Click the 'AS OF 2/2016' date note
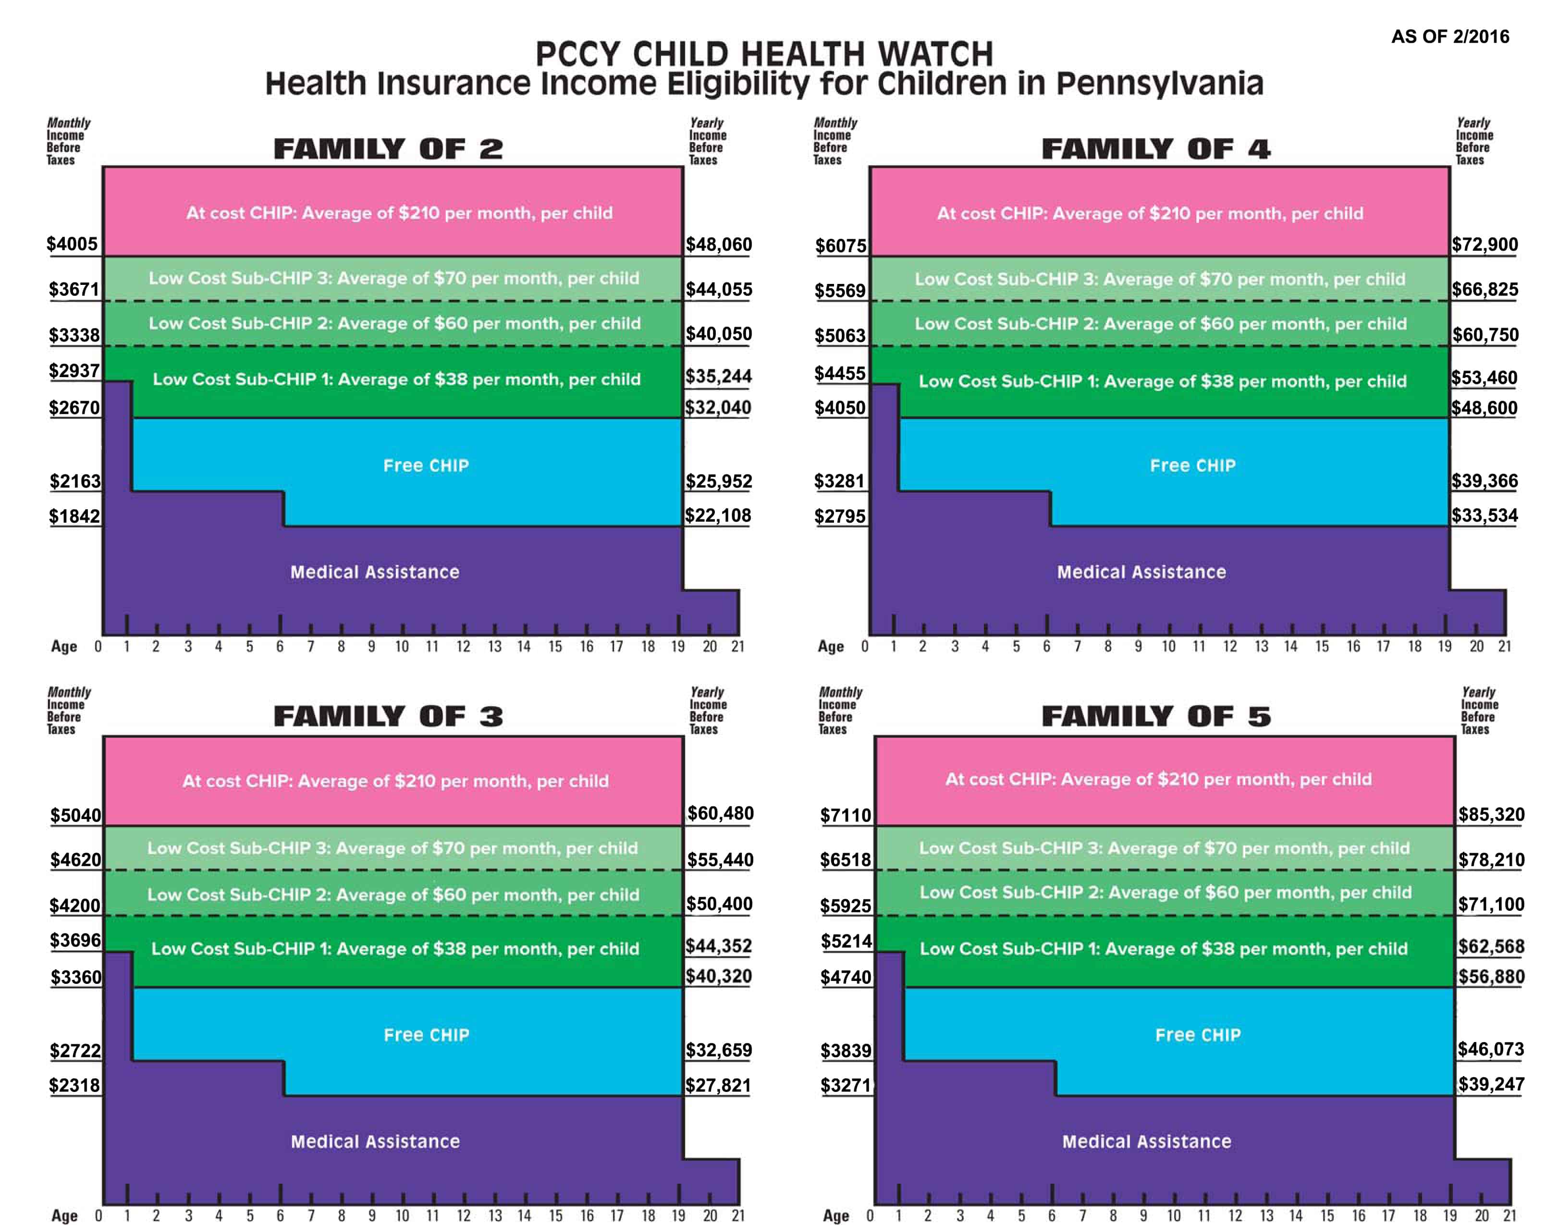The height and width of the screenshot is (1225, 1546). [1449, 37]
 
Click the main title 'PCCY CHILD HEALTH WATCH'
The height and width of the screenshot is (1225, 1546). [764, 54]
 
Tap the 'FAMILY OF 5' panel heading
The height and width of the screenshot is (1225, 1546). [1156, 716]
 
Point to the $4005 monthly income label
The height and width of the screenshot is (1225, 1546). [73, 244]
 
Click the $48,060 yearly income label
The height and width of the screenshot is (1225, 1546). [719, 245]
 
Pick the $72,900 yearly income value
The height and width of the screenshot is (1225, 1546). [1485, 245]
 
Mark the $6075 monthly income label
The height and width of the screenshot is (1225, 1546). [840, 246]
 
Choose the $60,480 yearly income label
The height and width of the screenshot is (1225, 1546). [720, 813]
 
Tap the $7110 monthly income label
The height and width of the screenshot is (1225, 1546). [846, 816]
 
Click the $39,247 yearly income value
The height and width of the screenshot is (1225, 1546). [1491, 1084]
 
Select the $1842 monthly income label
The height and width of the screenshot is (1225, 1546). [74, 516]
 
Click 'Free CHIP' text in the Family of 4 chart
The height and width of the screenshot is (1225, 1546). [1192, 465]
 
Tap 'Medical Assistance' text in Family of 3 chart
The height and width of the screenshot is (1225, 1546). [375, 1141]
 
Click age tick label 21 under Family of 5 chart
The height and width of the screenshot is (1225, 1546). [1509, 1216]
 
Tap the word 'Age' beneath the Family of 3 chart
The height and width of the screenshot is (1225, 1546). [64, 1216]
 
